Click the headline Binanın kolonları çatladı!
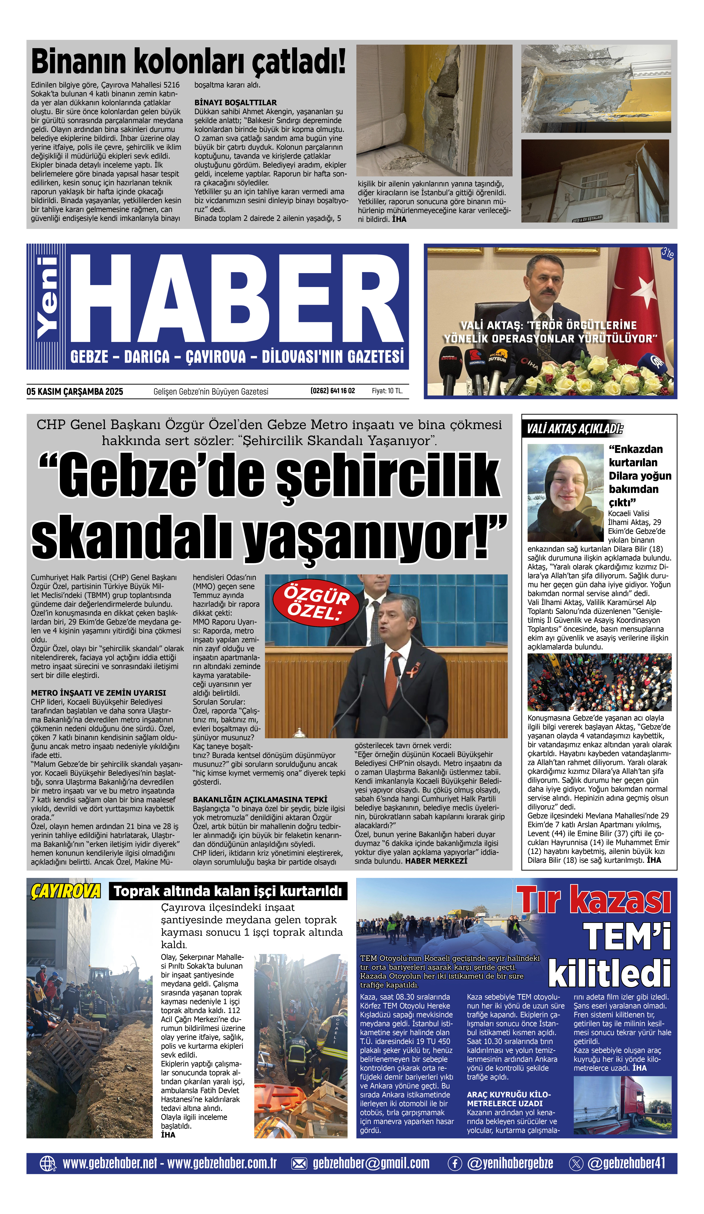pyautogui.click(x=188, y=62)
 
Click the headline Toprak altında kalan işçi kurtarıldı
pyautogui.click(x=228, y=891)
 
